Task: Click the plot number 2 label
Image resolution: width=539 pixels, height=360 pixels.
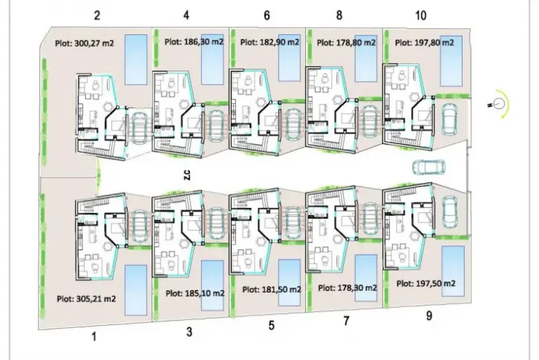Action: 97,16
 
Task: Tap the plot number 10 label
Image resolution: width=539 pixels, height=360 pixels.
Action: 421,16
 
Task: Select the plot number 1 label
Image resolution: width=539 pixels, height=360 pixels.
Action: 94,337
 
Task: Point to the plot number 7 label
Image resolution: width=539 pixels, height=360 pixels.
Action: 346,321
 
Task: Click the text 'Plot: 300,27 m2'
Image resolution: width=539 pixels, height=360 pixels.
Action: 84,43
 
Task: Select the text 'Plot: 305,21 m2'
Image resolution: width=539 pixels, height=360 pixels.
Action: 86,299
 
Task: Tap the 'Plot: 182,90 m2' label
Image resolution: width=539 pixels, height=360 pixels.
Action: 269,42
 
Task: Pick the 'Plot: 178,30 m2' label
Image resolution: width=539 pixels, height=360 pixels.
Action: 347,288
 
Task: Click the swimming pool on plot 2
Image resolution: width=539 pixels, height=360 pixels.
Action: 136,59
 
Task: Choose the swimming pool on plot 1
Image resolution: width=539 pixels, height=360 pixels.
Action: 136,290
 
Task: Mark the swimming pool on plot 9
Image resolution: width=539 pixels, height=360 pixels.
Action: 453,271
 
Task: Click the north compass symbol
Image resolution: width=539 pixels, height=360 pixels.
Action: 499,103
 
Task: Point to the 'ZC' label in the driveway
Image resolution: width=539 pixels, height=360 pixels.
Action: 186,175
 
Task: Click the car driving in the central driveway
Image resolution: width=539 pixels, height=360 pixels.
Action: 428,167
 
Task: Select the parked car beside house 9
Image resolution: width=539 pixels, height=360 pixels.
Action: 450,212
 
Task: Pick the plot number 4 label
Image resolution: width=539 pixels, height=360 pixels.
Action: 186,16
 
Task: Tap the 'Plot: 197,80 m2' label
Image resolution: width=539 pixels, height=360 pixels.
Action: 424,42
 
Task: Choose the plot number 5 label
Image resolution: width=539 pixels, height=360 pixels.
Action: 272,325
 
